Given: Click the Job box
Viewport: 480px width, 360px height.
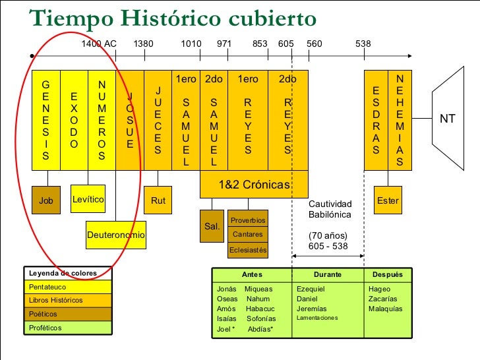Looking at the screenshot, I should tap(46, 200).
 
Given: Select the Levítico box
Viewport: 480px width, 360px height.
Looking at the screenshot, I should tap(88, 198).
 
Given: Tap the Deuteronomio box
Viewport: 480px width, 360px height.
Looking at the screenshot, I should tap(116, 235).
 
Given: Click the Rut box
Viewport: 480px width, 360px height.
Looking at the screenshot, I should tap(158, 200).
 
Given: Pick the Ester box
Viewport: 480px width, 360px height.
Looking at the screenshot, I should tap(387, 200).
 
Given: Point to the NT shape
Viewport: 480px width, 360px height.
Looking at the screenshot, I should tap(448, 119).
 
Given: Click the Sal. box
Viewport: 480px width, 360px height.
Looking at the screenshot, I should tap(212, 226).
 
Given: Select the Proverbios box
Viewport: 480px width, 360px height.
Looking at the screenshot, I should tap(248, 220).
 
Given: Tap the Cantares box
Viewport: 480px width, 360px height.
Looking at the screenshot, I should tap(248, 235).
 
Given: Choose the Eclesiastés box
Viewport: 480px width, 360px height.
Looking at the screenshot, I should tap(248, 250).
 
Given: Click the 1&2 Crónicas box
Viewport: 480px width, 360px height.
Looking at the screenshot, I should tap(254, 186).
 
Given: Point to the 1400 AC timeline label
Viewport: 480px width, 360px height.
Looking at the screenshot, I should tap(99, 44).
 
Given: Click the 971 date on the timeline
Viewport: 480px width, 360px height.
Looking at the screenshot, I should tap(224, 44).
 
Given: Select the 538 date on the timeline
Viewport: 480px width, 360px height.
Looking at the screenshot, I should tap(363, 44).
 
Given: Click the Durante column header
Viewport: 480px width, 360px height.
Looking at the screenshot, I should tap(327, 274).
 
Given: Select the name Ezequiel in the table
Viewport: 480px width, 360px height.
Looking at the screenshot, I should tap(311, 289).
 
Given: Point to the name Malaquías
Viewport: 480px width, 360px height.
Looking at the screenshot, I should tap(386, 309).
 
